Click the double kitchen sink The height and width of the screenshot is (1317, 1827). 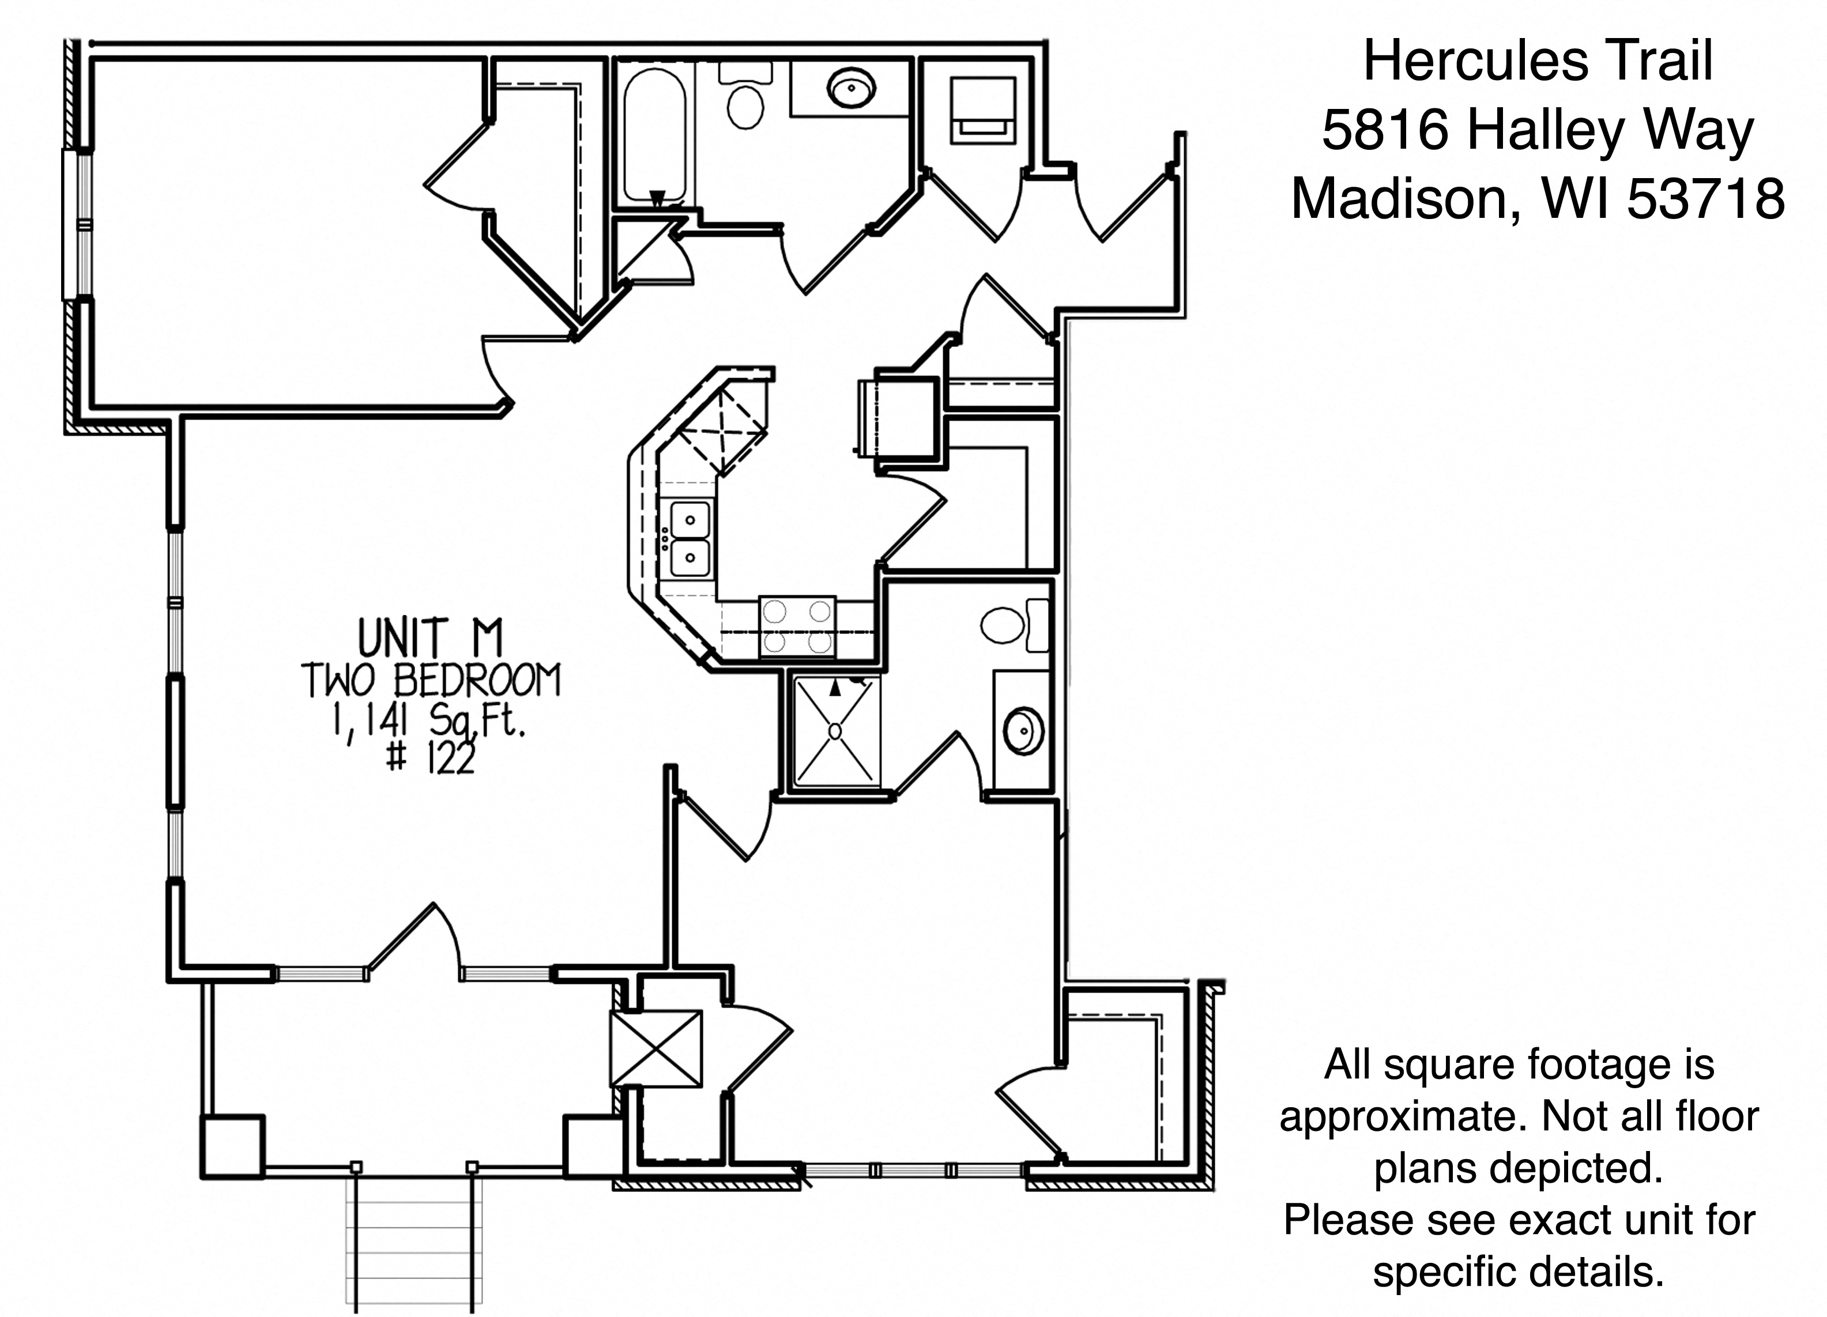[x=690, y=538]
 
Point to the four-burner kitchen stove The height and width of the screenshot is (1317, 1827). [x=797, y=627]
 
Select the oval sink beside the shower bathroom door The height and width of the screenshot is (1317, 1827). [x=1024, y=731]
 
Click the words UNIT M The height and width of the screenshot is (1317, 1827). [x=430, y=638]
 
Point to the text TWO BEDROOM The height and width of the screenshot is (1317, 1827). [x=431, y=680]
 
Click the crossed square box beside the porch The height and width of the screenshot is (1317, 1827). [x=656, y=1049]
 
